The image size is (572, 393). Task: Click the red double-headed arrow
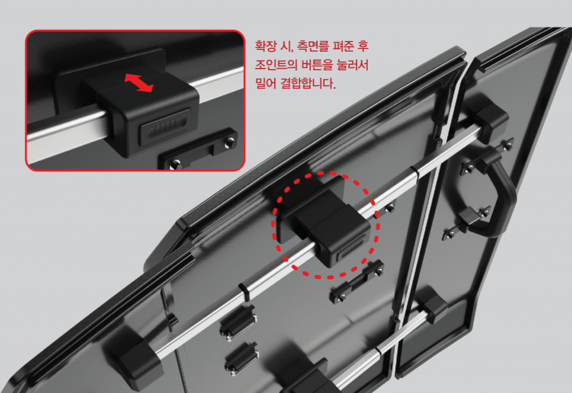138,83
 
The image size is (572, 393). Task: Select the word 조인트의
276,65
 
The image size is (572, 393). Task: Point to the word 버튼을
317,65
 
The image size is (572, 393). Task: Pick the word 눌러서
353,65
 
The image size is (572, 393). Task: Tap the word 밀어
265,84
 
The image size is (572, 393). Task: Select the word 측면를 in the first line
313,46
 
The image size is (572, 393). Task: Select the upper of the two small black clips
238,321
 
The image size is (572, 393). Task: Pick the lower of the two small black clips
241,359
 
